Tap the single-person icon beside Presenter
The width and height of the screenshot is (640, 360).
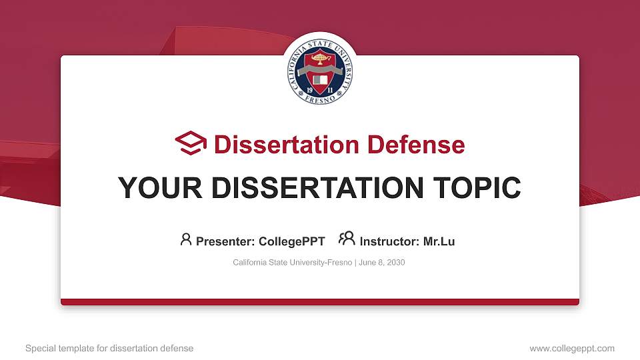[186, 239]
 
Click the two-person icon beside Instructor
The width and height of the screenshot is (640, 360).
[347, 239]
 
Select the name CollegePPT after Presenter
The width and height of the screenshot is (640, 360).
[291, 241]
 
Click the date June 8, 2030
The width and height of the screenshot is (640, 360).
[382, 263]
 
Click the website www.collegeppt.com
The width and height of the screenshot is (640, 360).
[571, 348]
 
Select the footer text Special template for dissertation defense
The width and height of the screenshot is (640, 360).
[109, 348]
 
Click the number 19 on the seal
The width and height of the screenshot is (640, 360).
[310, 89]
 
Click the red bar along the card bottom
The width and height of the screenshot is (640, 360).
[320, 302]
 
